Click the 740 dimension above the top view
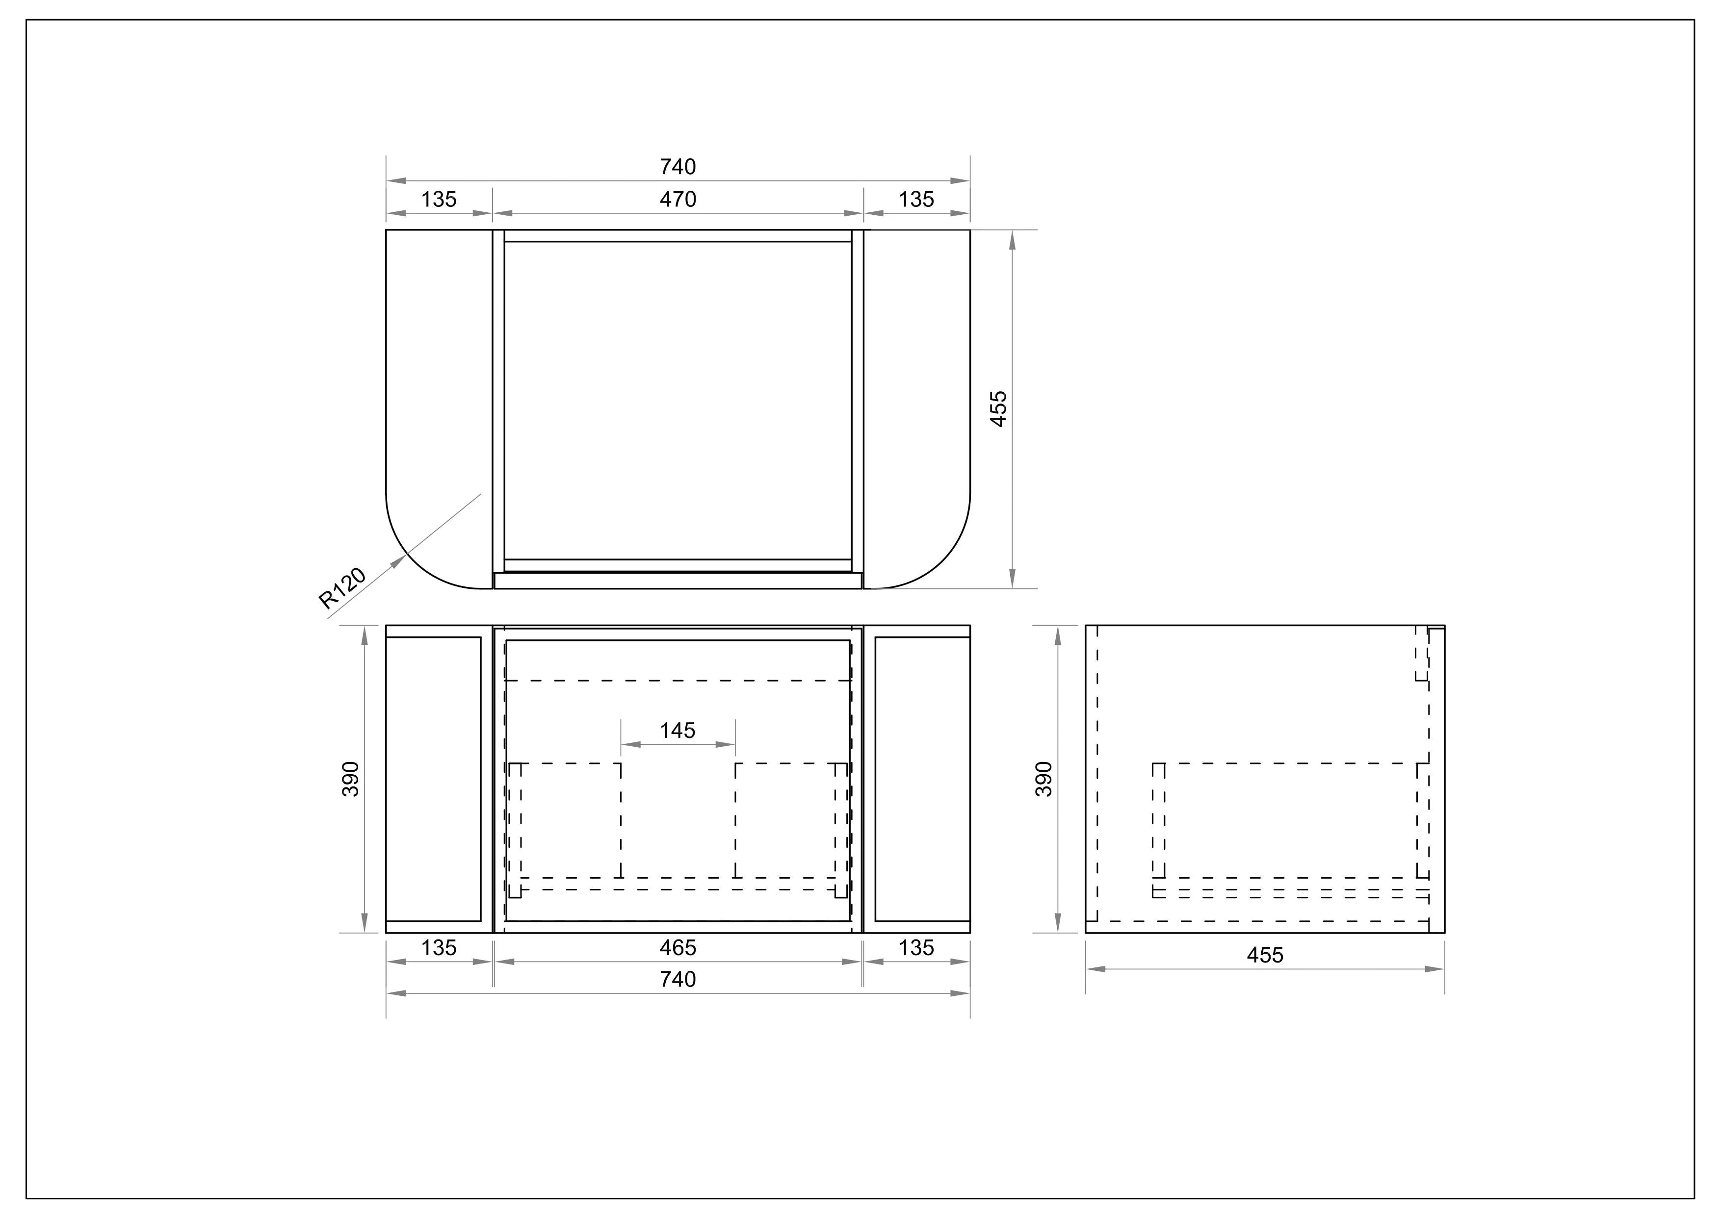(678, 166)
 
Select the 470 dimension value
(678, 199)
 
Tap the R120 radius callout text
(342, 588)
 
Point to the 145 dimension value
(678, 731)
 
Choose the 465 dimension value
(678, 948)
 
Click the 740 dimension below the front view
(678, 979)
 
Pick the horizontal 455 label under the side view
(1265, 955)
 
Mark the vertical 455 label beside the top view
(999, 409)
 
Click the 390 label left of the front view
(351, 779)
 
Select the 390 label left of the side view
(1043, 779)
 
